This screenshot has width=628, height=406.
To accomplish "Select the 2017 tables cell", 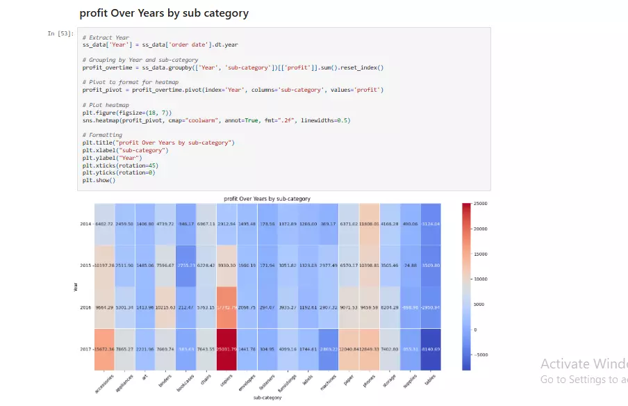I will tap(430, 349).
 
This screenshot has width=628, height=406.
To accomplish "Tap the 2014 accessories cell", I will tap(105, 224).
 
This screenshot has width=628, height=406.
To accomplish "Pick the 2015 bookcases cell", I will tap(186, 266).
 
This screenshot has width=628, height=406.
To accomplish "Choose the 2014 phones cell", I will tap(369, 224).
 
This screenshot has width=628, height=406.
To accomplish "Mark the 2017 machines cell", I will tap(329, 349).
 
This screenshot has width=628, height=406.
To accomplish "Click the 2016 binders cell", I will tap(166, 307).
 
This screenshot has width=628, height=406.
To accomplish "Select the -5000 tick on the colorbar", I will tap(481, 355).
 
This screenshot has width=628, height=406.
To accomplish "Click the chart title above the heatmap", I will tap(267, 199).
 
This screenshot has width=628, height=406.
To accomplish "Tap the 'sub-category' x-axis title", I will tap(267, 398).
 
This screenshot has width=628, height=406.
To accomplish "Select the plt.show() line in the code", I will tap(98, 180).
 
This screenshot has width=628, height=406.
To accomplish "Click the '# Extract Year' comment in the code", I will tap(105, 38).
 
